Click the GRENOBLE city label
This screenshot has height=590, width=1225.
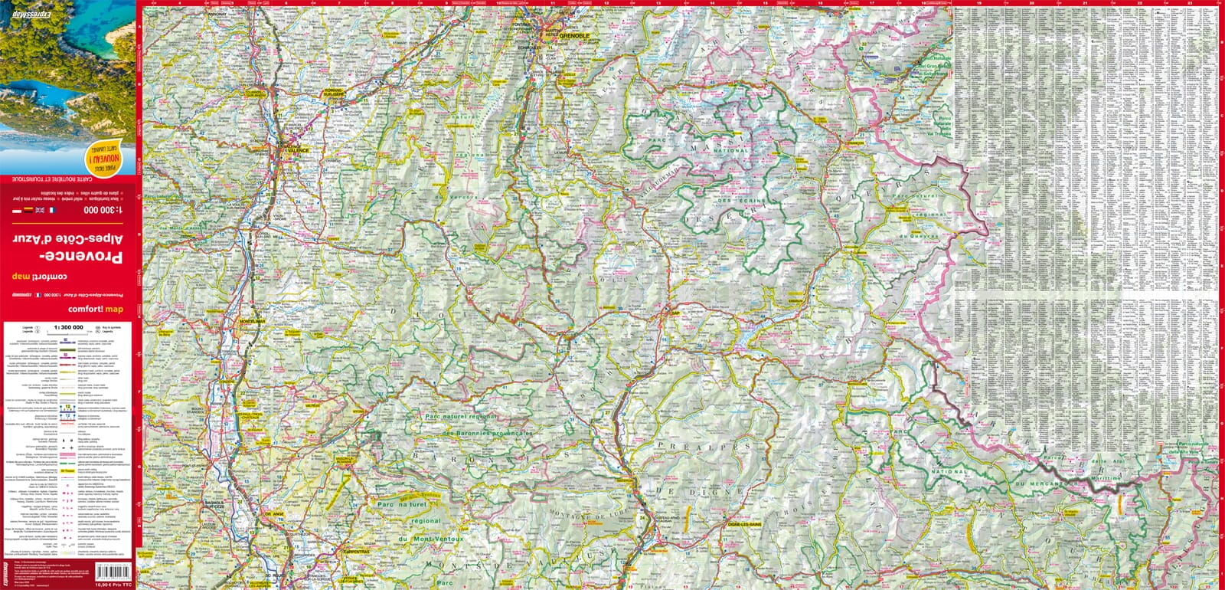point(574,36)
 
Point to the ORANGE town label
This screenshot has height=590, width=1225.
point(273,514)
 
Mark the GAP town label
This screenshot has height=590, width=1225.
point(675,313)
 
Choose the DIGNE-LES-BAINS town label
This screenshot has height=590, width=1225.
point(742,523)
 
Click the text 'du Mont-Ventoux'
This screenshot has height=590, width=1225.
point(430,539)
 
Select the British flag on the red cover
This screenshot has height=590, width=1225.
point(40,210)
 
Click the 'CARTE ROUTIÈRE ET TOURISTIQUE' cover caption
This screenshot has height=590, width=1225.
point(67,179)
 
